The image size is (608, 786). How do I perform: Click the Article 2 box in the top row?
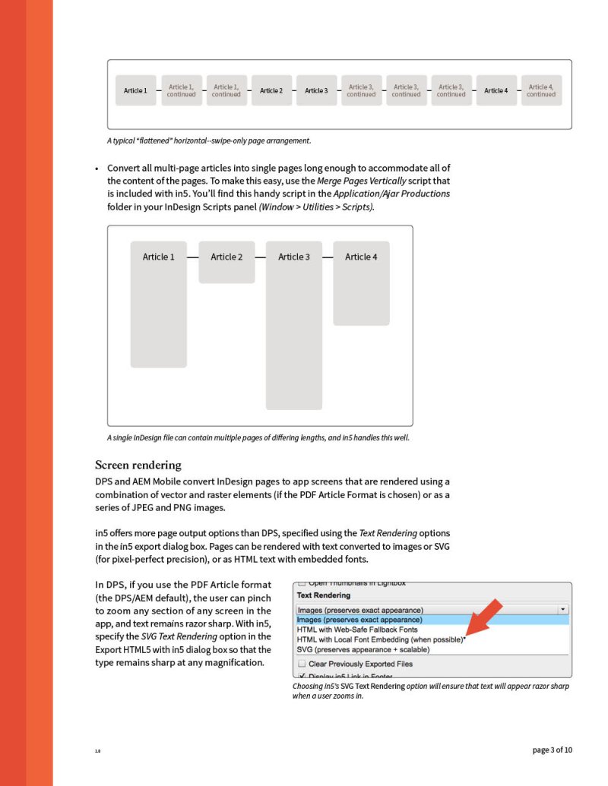click(x=271, y=90)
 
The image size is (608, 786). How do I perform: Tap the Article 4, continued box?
click(x=541, y=90)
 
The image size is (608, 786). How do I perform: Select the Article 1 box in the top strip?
click(x=136, y=90)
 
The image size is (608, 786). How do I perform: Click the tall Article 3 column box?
click(x=294, y=325)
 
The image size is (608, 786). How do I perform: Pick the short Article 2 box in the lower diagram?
click(x=226, y=263)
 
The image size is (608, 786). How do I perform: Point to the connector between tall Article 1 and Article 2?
click(x=192, y=257)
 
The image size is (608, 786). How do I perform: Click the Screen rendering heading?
click(x=138, y=465)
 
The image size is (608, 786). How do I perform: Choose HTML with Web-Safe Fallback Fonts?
click(x=357, y=630)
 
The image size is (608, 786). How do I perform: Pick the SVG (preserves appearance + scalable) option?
click(x=363, y=649)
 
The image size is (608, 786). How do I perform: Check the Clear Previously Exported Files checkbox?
click(x=301, y=664)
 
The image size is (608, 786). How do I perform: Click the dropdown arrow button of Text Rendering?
click(x=562, y=609)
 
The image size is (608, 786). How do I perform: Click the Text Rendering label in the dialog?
click(x=324, y=595)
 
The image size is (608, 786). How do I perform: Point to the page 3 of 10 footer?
click(x=553, y=750)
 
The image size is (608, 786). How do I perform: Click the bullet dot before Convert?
click(x=97, y=169)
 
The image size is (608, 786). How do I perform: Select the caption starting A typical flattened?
click(x=209, y=140)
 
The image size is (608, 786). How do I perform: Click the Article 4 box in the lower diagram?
click(x=361, y=283)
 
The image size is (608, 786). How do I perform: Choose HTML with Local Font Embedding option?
click(x=380, y=639)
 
